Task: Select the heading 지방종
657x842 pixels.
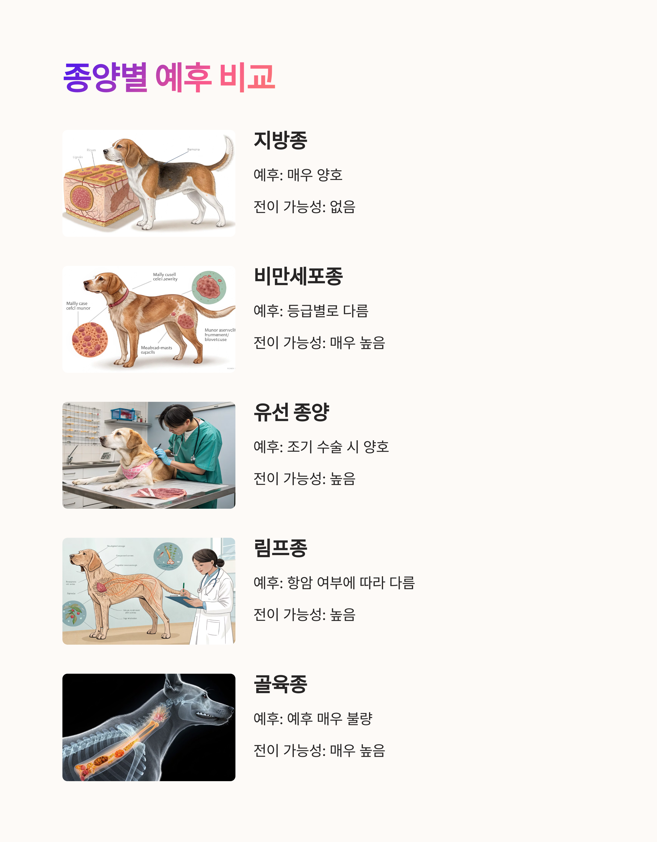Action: pyautogui.click(x=280, y=140)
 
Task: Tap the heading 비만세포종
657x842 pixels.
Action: pyautogui.click(x=298, y=276)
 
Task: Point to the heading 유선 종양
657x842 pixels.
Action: pyautogui.click(x=291, y=412)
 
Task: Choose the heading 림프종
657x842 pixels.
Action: pyautogui.click(x=280, y=548)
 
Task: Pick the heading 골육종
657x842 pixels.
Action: pyautogui.click(x=280, y=684)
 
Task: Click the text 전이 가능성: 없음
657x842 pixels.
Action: pyautogui.click(x=304, y=207)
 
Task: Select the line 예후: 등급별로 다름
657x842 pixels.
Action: pyautogui.click(x=311, y=311)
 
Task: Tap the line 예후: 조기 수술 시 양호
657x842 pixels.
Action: pyautogui.click(x=321, y=447)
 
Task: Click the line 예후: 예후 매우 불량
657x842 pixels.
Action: pyautogui.click(x=313, y=719)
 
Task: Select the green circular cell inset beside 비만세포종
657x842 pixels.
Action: pyautogui.click(x=209, y=288)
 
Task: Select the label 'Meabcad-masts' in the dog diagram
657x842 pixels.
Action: pyautogui.click(x=156, y=348)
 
